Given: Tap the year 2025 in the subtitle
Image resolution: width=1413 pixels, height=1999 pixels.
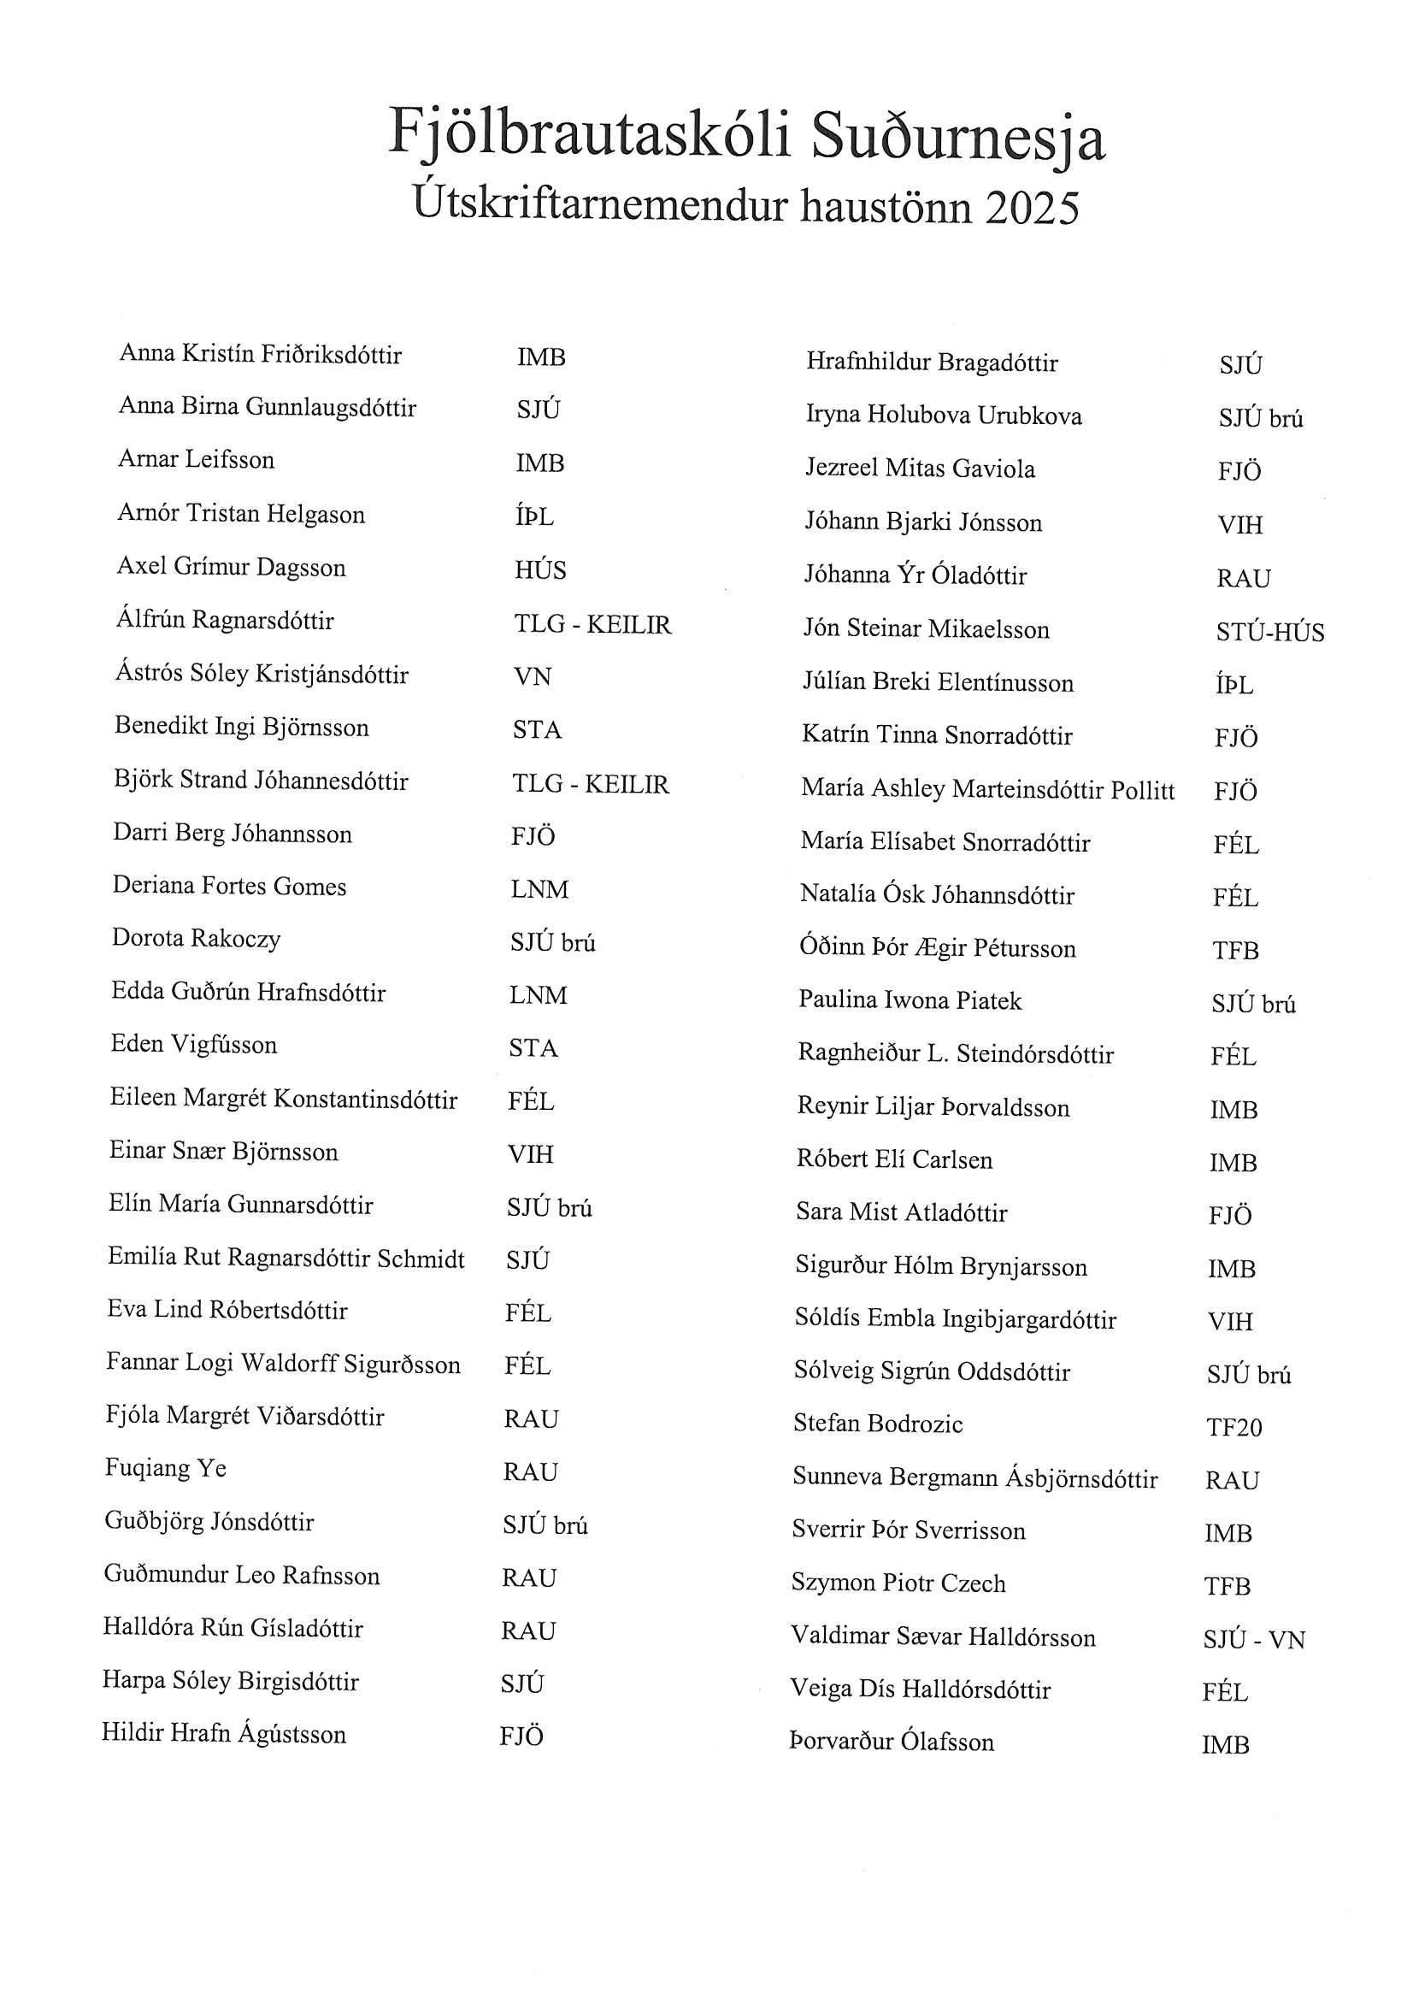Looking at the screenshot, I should [1032, 208].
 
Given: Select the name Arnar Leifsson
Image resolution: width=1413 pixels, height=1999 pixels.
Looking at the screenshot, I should [196, 460].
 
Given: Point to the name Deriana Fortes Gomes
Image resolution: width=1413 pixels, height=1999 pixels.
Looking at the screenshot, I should [229, 887].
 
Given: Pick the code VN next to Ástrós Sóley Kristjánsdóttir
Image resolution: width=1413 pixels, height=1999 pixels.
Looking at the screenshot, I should [532, 676].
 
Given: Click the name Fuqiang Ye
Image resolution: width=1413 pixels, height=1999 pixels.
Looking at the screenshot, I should [166, 1469].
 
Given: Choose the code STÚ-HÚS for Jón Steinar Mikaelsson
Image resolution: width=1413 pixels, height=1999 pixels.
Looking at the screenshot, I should [1269, 632].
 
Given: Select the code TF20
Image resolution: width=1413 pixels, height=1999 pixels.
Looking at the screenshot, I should [1233, 1428].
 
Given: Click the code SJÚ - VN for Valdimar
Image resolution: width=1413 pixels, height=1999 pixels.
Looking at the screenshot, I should [1254, 1640].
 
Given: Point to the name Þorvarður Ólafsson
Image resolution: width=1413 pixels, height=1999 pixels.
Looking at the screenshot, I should [892, 1742].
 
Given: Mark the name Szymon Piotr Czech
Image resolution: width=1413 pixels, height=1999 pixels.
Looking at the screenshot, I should [898, 1583].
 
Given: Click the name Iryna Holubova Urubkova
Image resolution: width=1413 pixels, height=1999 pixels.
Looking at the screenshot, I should [944, 416].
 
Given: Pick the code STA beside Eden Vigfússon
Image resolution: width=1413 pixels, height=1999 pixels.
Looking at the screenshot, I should [533, 1048].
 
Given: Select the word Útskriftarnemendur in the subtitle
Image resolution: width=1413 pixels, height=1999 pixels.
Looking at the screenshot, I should [600, 205].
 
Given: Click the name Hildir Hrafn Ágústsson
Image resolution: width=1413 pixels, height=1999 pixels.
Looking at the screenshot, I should [224, 1733].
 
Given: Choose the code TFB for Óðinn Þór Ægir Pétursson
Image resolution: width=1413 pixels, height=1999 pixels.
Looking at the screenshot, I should [1235, 951].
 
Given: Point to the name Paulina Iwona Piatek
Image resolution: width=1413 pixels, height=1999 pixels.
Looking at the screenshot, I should [910, 1000].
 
